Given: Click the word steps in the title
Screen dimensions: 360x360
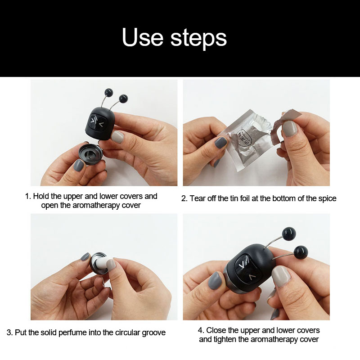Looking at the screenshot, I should pyautogui.click(x=198, y=39).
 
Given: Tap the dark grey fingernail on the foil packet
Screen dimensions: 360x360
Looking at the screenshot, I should pyautogui.click(x=221, y=143).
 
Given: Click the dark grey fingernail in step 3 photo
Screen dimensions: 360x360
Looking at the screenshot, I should pyautogui.click(x=85, y=257).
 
